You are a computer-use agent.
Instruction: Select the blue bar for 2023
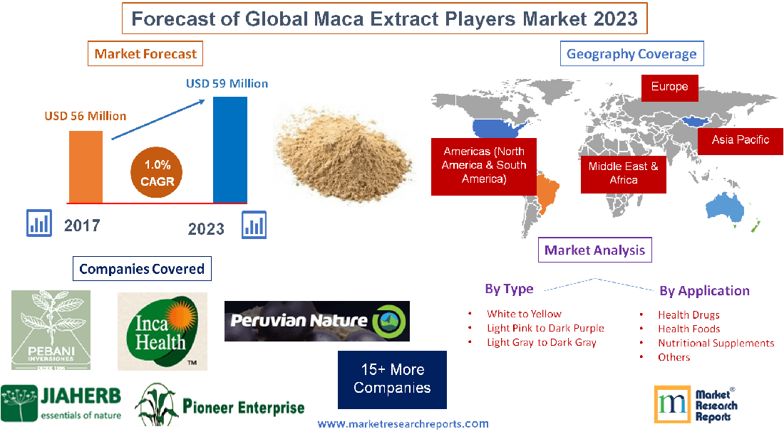229,149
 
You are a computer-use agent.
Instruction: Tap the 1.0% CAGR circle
157,174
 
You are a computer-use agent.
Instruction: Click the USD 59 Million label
227,83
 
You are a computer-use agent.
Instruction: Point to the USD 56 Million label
85,115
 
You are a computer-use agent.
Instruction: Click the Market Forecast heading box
145,53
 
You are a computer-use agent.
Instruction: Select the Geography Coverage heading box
631,53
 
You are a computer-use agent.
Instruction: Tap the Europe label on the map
669,87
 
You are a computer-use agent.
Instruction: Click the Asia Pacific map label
740,139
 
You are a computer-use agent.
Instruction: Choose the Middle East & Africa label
623,173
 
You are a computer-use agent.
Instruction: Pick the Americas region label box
483,166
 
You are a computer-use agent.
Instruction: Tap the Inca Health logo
162,331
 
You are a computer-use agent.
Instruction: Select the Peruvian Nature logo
316,321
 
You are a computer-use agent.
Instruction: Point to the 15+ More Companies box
392,379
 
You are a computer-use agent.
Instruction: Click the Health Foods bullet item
688,329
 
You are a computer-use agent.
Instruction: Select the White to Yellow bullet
524,314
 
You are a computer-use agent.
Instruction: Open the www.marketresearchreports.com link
403,424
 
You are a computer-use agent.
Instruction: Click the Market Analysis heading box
594,250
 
